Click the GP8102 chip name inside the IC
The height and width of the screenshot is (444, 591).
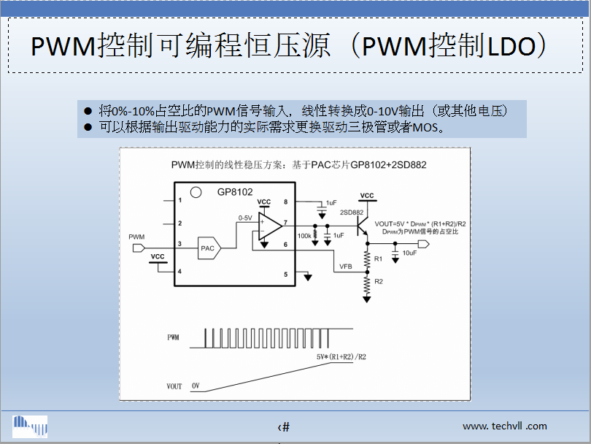[x=234, y=192]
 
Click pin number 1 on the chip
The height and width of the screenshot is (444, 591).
[x=179, y=200]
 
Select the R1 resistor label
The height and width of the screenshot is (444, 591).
[x=378, y=259]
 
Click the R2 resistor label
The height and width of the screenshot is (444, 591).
[x=378, y=281]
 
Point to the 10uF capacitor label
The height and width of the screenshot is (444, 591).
[x=409, y=253]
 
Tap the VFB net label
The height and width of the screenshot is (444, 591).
[x=346, y=267]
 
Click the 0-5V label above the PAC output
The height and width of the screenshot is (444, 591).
[x=245, y=218]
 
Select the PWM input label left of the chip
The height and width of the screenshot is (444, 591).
[x=136, y=237]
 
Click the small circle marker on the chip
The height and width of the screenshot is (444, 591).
[x=195, y=193]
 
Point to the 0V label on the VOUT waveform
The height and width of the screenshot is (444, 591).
[x=196, y=385]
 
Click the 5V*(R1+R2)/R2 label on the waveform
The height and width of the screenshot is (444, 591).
[x=341, y=357]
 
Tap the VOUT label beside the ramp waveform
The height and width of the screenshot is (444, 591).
[x=174, y=386]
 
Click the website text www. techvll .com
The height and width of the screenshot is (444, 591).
[x=504, y=426]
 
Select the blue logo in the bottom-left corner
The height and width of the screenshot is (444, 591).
[x=30, y=424]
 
